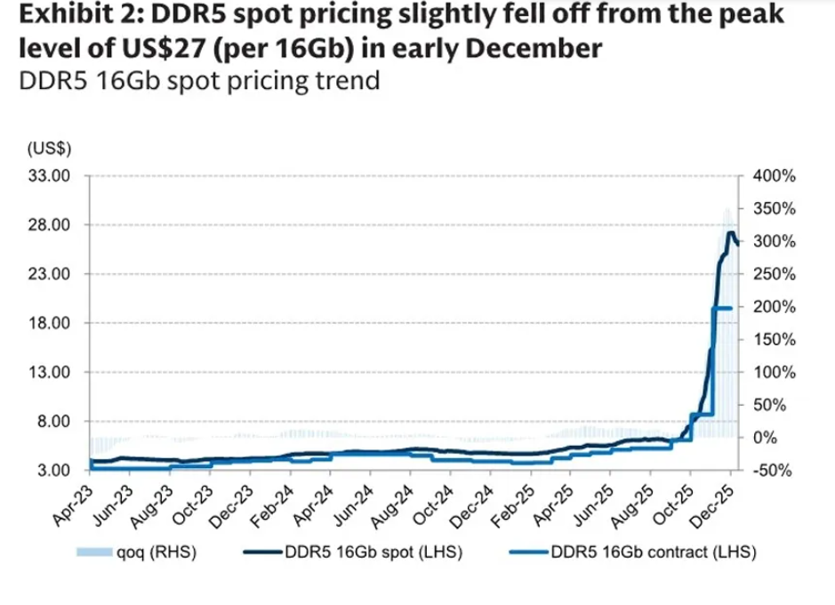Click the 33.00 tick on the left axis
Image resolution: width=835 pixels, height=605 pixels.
50,176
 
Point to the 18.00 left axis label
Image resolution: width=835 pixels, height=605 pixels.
50,323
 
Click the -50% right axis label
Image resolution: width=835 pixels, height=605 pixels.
771,470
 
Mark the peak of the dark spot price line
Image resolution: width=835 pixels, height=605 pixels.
731,233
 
